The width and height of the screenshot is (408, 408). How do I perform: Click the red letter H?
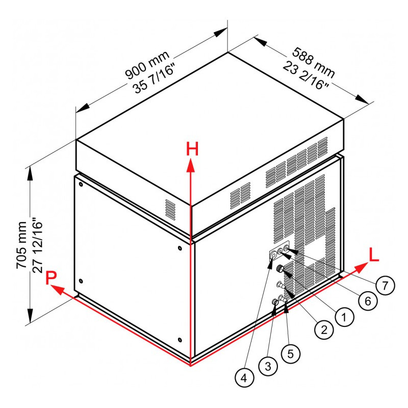pyautogui.click(x=192, y=149)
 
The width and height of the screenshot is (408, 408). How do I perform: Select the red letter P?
pyautogui.click(x=50, y=277)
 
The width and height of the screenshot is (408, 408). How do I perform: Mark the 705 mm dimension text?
pyautogui.click(x=21, y=245)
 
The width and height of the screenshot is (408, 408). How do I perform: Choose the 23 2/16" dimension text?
pyautogui.click(x=305, y=75)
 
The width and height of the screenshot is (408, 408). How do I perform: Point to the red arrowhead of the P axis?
pyautogui.click(x=57, y=289)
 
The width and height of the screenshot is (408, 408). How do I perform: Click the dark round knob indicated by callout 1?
pyautogui.click(x=280, y=268)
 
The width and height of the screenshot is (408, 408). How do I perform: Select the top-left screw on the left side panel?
pyautogui.click(x=81, y=185)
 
